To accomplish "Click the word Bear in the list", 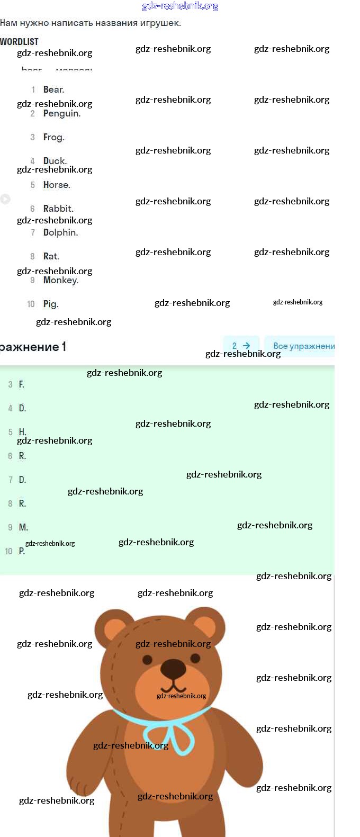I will [x=53, y=89].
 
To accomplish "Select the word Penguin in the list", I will [x=61, y=113].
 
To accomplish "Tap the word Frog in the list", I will [x=53, y=137].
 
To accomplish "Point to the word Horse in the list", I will [x=56, y=185].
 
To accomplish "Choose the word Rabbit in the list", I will [x=58, y=209].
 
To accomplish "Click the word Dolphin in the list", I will [x=60, y=232].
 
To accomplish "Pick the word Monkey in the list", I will [x=60, y=280].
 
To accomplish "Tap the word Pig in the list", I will [x=50, y=304].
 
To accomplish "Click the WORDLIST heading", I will [x=19, y=41].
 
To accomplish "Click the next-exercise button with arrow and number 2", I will [x=241, y=346].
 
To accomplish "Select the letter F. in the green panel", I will [x=22, y=384].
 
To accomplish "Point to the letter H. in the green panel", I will [x=22, y=432].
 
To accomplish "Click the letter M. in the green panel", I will [x=23, y=527].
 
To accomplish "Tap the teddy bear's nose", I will [x=173, y=668].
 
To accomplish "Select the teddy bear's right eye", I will [x=195, y=658].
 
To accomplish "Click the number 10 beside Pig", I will [x=31, y=304].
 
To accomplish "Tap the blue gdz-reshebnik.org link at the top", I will [x=180, y=6].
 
